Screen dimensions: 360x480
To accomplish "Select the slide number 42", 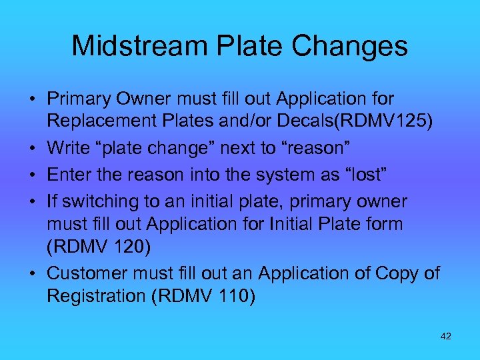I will (446, 336).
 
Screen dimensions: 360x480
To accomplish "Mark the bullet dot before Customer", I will (32, 274).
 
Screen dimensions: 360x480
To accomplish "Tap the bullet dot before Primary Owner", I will (32, 99).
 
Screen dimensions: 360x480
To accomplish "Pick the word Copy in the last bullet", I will (397, 273).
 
